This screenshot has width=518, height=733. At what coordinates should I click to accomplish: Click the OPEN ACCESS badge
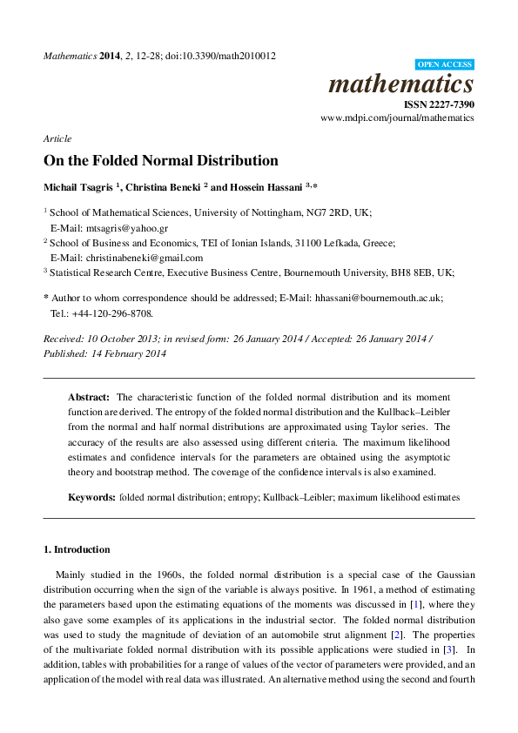tap(445, 64)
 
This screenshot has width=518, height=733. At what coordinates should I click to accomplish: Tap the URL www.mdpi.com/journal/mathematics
tap(397, 117)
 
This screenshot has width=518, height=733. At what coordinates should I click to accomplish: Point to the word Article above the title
tap(57, 138)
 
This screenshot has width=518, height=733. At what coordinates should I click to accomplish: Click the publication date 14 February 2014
tap(127, 353)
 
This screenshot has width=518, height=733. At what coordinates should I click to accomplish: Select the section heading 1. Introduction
tap(77, 549)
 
